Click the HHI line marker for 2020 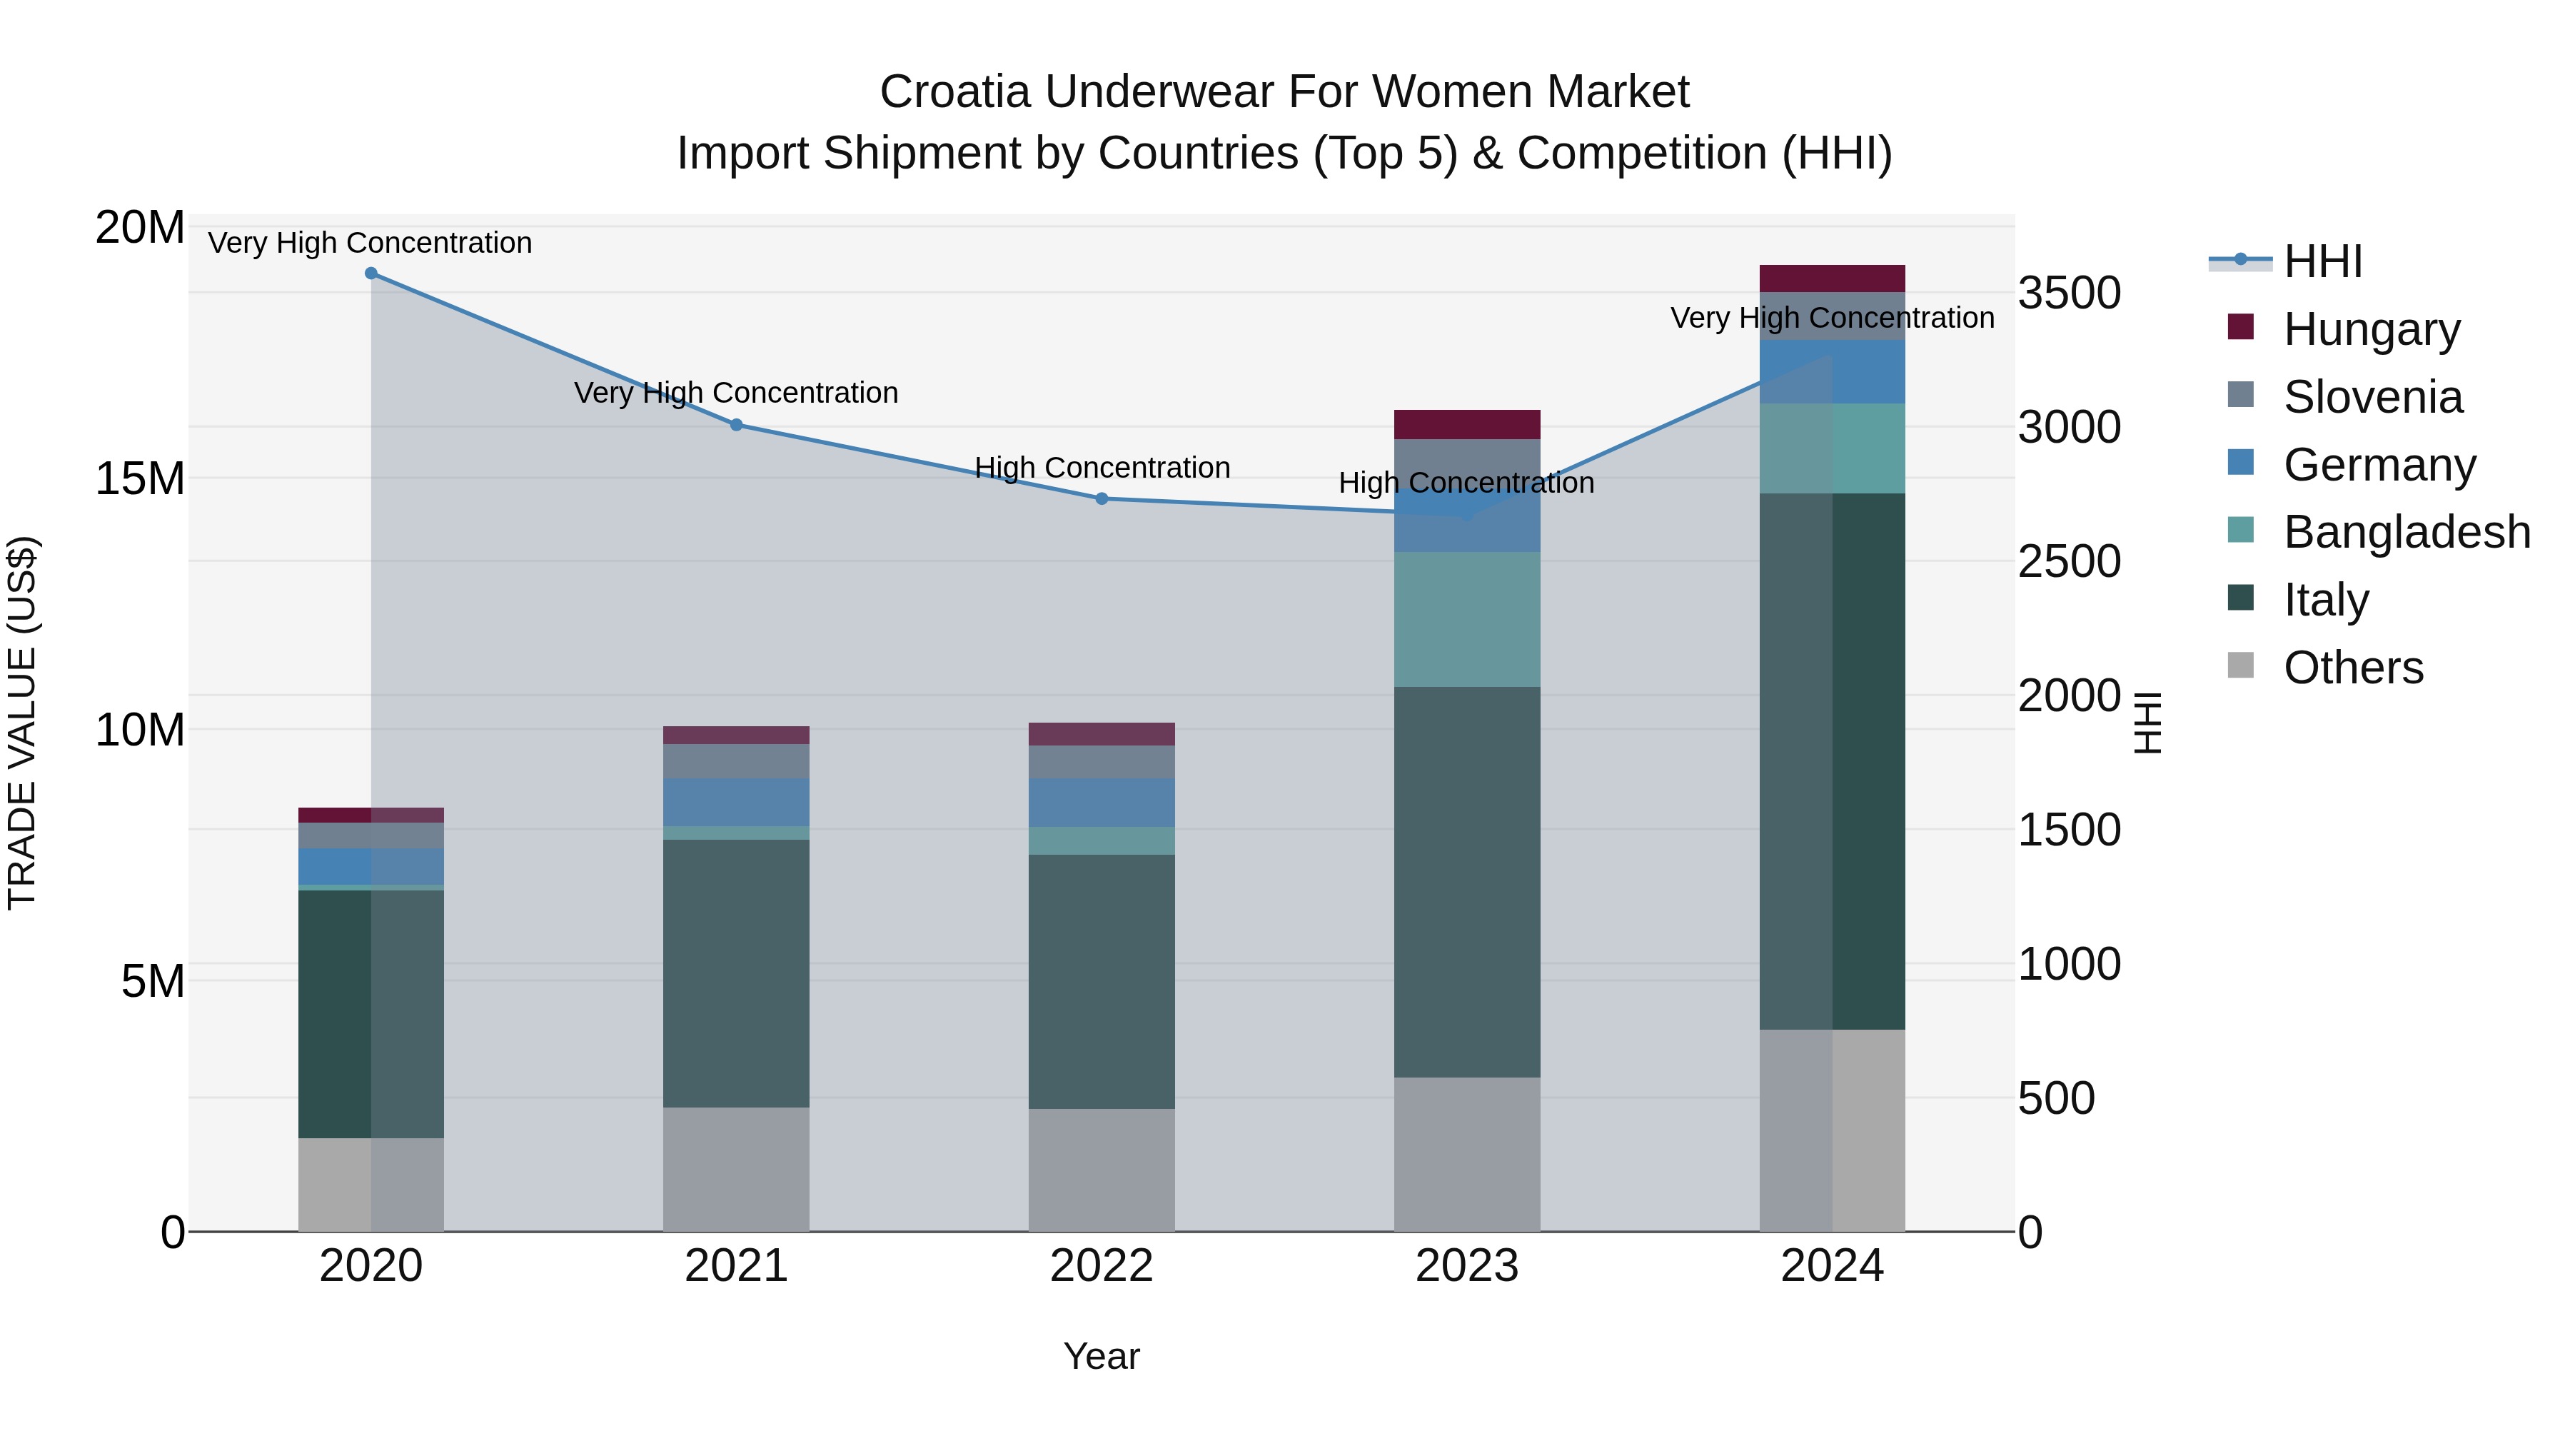[x=371, y=273]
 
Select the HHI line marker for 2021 [x=736, y=425]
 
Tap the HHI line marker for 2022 [x=1102, y=499]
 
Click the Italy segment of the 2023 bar [x=1466, y=882]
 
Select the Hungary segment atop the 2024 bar [x=1832, y=278]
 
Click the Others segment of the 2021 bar [x=736, y=1170]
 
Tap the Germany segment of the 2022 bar [x=1102, y=803]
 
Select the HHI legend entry [x=2322, y=261]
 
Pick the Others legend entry [x=2352, y=668]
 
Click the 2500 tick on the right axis [x=2069, y=562]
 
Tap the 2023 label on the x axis [x=1466, y=1266]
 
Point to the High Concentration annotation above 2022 [x=1102, y=467]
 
